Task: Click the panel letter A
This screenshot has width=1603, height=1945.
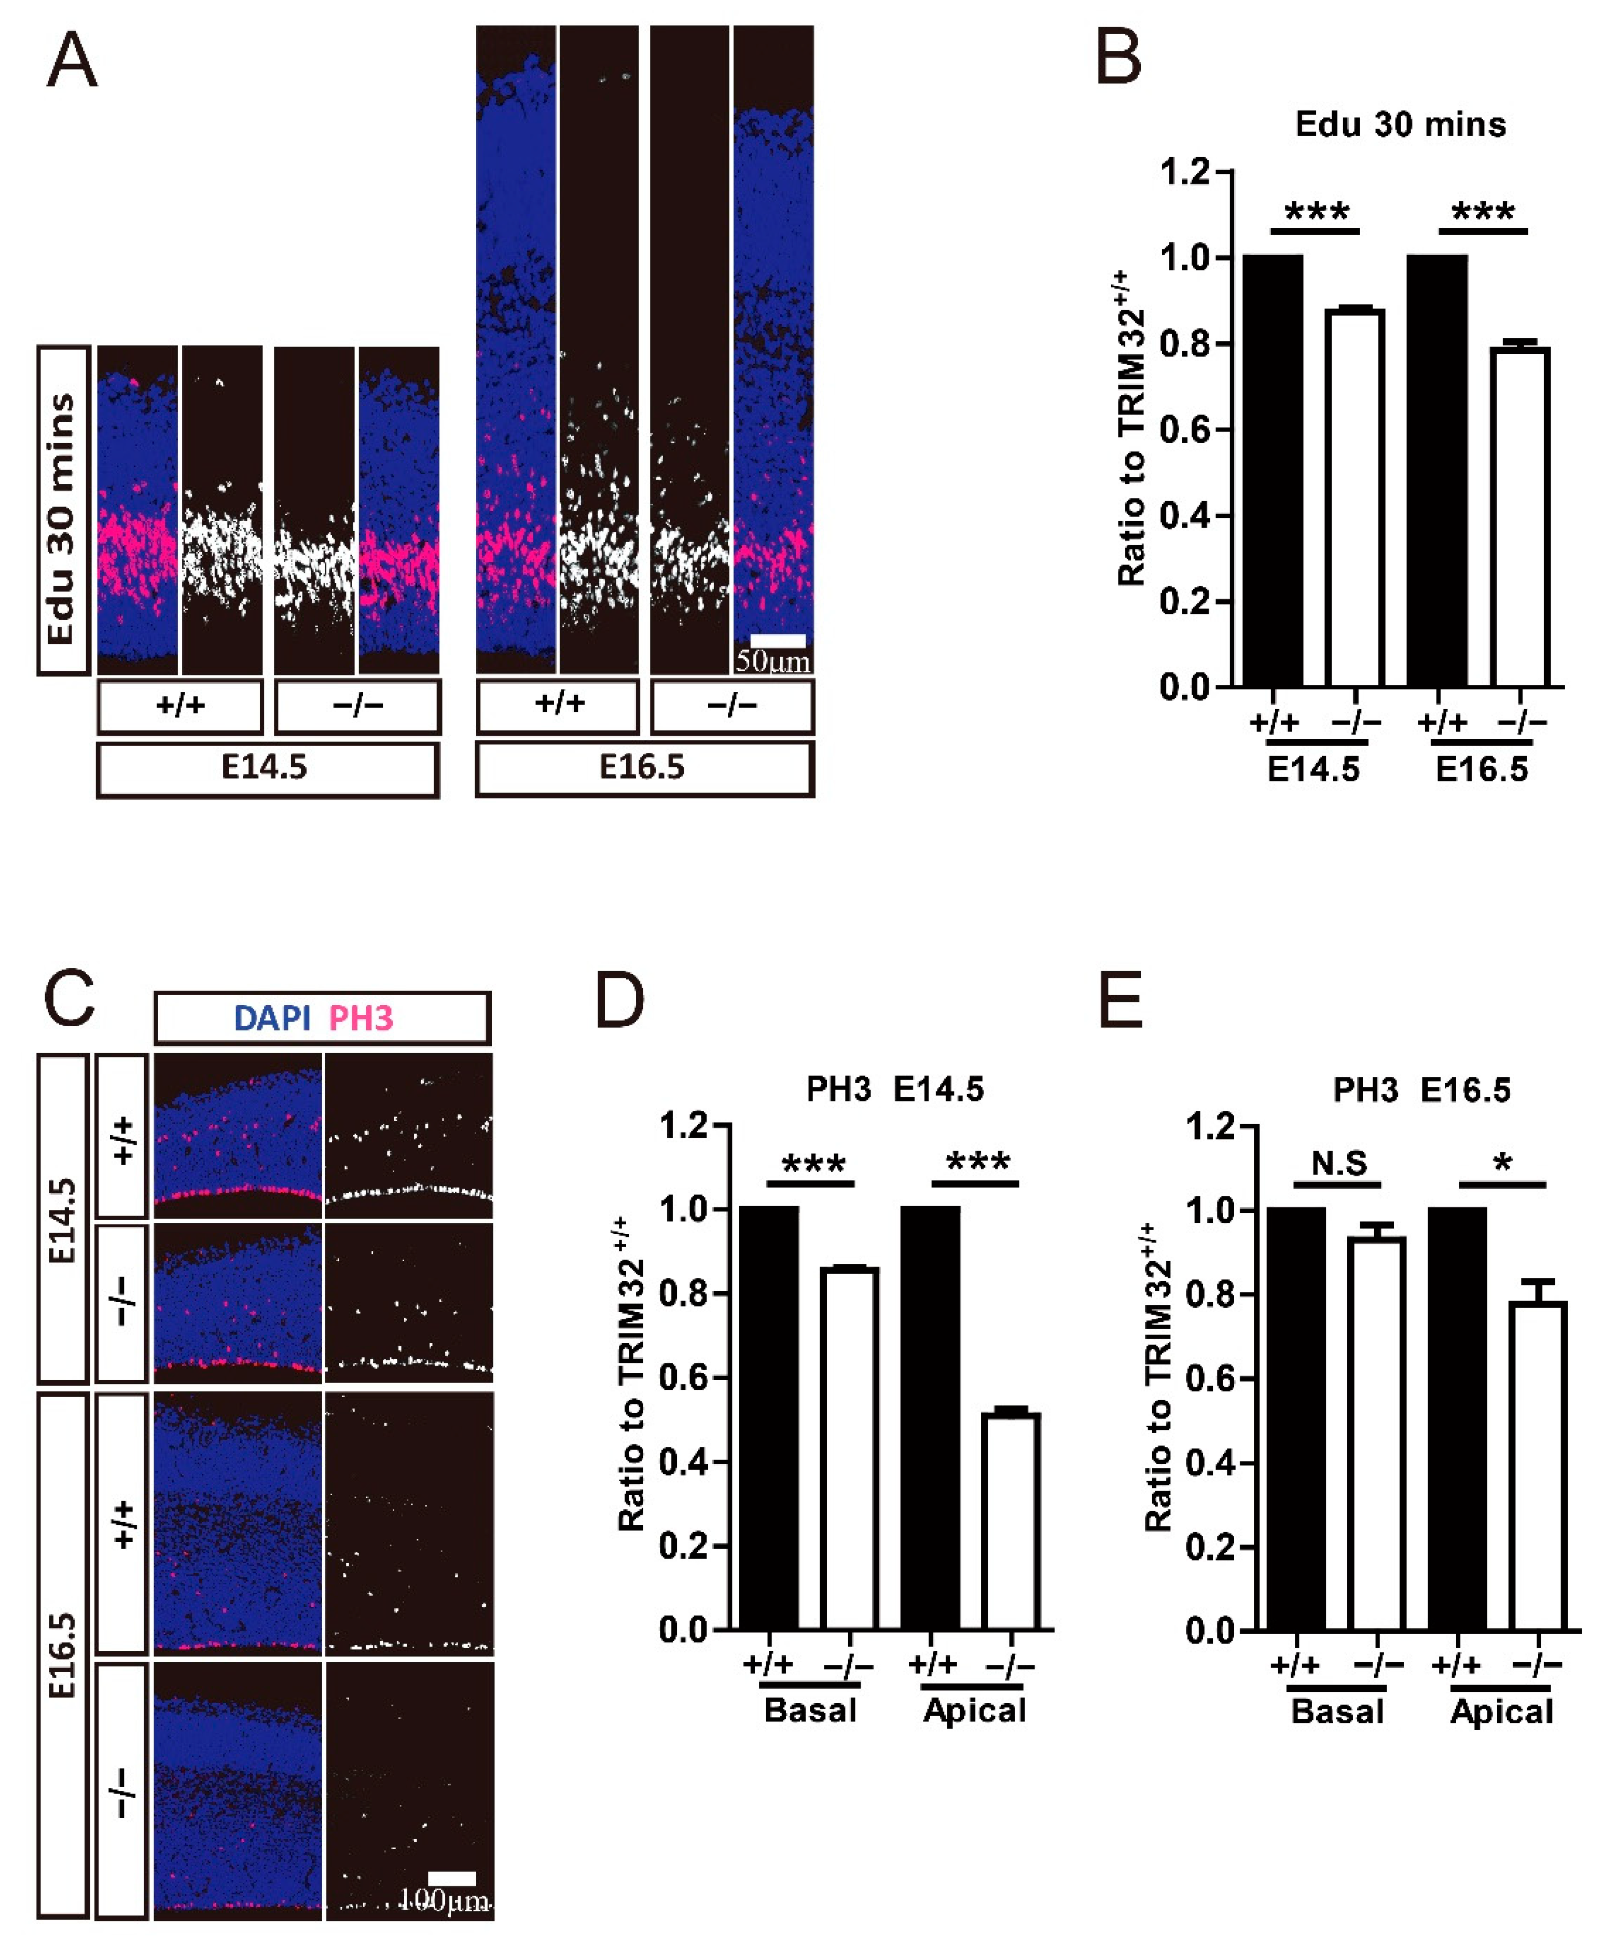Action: click(x=72, y=61)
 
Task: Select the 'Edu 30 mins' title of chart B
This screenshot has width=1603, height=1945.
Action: click(x=1400, y=125)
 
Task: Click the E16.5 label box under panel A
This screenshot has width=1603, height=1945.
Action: click(x=644, y=767)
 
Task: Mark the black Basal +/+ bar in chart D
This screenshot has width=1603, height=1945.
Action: click(x=769, y=1418)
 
